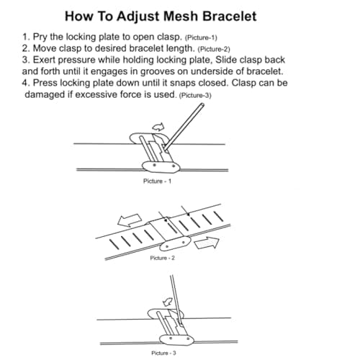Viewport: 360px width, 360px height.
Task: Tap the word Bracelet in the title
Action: [x=230, y=17]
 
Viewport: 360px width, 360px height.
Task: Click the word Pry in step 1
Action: [x=40, y=37]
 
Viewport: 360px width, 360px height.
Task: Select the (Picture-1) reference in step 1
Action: [x=201, y=38]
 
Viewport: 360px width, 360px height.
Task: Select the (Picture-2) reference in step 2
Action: [x=214, y=50]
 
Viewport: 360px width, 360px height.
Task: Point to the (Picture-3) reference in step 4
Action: [x=195, y=96]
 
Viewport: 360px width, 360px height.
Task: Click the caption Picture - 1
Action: [x=157, y=181]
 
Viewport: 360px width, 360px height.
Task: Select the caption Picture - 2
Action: [x=163, y=258]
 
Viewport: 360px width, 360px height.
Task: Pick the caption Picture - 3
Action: [x=163, y=353]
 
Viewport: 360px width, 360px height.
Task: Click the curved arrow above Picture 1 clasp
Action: [x=158, y=127]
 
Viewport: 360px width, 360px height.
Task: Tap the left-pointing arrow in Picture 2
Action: [x=130, y=220]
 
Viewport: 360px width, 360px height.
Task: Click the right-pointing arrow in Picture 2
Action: [x=207, y=243]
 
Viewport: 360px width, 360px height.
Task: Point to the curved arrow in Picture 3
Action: [x=168, y=302]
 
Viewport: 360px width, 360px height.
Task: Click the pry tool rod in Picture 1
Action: [x=184, y=126]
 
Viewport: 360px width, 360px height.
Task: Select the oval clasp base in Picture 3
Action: [x=176, y=340]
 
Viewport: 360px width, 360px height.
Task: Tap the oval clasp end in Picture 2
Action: [x=175, y=243]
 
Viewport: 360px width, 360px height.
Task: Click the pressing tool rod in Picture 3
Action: [x=176, y=299]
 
